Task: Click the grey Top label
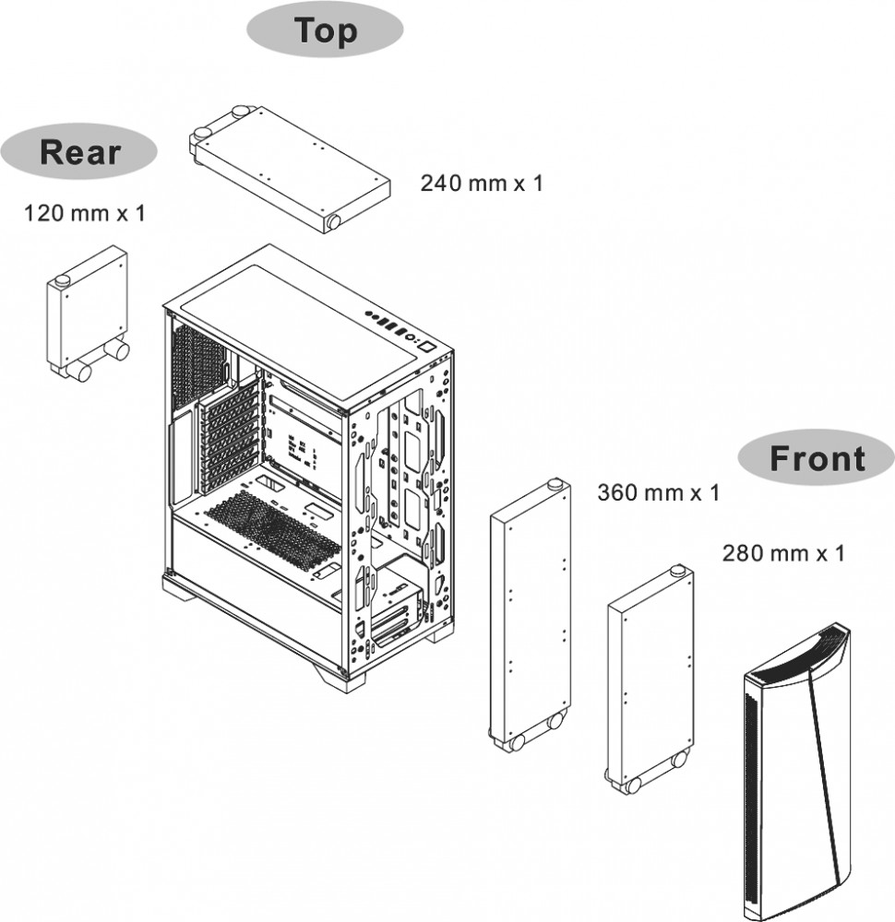click(x=325, y=31)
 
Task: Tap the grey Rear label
click(x=79, y=153)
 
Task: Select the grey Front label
click(x=817, y=458)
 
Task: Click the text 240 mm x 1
click(x=482, y=183)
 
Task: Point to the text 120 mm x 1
click(x=84, y=214)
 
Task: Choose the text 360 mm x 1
click(x=658, y=492)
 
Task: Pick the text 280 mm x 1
click(x=782, y=553)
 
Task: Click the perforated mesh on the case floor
click(x=272, y=530)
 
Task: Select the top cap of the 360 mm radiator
click(x=554, y=484)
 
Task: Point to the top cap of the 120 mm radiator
click(x=63, y=279)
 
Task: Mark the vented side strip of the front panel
click(x=758, y=793)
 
